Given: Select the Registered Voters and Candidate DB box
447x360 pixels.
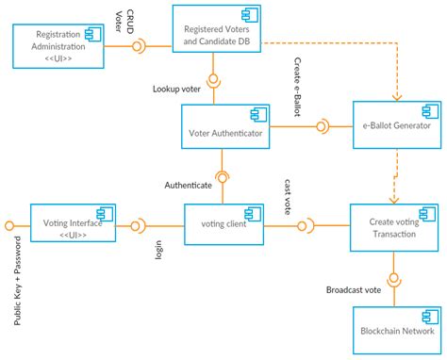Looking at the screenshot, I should point(217,35).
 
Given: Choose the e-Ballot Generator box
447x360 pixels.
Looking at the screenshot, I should point(395,124).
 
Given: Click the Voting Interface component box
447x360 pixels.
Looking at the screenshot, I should point(74,225).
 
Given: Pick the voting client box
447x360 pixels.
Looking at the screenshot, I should point(224,225).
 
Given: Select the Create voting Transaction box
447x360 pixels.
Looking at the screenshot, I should point(394,227).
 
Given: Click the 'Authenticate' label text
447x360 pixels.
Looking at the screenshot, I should point(189,185).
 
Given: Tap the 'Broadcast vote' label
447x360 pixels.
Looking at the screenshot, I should point(354,289).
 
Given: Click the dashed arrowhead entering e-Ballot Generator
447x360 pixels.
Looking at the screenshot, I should point(395,96).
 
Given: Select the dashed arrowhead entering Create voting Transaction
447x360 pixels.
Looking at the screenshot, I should point(395,199).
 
